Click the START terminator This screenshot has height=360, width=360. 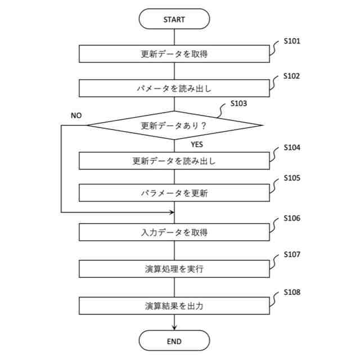click(x=174, y=19)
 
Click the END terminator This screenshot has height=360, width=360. click(x=174, y=341)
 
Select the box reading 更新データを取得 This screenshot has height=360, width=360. click(x=174, y=54)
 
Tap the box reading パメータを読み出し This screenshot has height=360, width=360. click(x=174, y=88)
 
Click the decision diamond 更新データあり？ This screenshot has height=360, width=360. click(x=174, y=125)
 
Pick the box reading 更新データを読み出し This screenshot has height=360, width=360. click(x=174, y=160)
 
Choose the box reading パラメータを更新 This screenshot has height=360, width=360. click(x=174, y=193)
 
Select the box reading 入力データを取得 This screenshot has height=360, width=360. click(x=174, y=231)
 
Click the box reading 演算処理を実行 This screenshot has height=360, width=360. click(x=174, y=268)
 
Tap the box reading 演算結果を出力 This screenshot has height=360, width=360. click(x=174, y=306)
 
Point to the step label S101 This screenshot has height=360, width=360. click(x=292, y=41)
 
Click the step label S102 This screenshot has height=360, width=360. click(x=292, y=75)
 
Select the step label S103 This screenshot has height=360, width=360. click(x=239, y=104)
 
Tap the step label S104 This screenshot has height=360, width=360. click(x=292, y=147)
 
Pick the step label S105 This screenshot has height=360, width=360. click(x=292, y=179)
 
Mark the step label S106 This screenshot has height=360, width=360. click(x=292, y=218)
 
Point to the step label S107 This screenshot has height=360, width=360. click(x=292, y=255)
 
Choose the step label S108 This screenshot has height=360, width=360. click(x=292, y=292)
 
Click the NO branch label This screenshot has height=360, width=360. click(x=76, y=115)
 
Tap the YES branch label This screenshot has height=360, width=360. click(x=196, y=144)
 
